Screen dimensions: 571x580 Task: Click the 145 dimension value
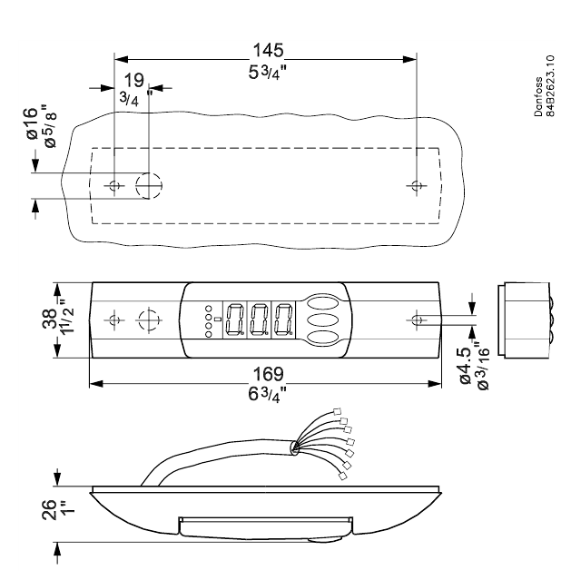tap(268, 50)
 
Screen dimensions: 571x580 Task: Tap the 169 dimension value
tap(268, 374)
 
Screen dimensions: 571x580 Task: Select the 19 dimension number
tap(134, 80)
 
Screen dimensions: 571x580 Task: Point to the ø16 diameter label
tap(33, 123)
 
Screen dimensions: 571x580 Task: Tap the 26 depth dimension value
tap(49, 510)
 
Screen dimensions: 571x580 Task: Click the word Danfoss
tap(538, 97)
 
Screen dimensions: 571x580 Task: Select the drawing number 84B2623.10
tap(550, 86)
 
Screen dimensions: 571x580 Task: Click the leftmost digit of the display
tap(234, 319)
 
